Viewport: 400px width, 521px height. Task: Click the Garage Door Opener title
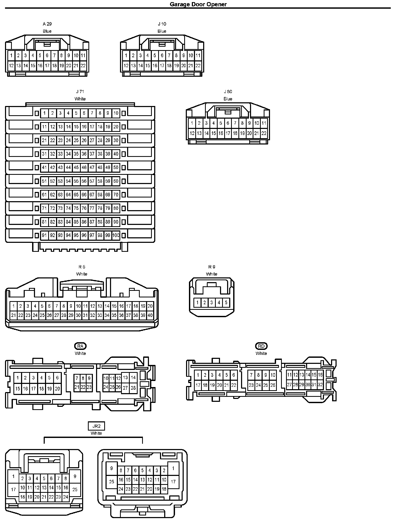[x=198, y=4]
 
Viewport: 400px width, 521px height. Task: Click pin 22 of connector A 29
[x=83, y=66]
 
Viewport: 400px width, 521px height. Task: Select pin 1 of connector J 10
[x=126, y=55]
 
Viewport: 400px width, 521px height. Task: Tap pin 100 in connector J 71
[x=116, y=235]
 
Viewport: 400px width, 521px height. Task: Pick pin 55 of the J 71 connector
[x=76, y=181]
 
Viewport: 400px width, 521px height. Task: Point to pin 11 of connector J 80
[x=264, y=123]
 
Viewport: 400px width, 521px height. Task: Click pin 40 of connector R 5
[x=150, y=315]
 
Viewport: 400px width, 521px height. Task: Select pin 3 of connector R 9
[x=212, y=303]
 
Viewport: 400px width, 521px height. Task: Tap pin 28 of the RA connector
[x=133, y=388]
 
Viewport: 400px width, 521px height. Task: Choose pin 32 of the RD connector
[x=320, y=385]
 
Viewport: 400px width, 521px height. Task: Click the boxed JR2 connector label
[x=96, y=426]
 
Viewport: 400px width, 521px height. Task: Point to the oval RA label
[x=80, y=346]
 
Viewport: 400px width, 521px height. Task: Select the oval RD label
[x=261, y=346]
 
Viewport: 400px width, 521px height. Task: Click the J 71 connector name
[x=80, y=92]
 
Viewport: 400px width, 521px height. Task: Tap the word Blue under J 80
[x=228, y=99]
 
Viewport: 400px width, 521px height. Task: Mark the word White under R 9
[x=212, y=274]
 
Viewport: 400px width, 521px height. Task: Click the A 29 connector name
[x=47, y=24]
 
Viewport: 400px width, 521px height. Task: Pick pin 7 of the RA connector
[x=77, y=378]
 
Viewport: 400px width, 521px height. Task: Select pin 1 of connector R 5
[x=13, y=306]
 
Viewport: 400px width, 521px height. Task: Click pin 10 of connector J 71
[x=116, y=113]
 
